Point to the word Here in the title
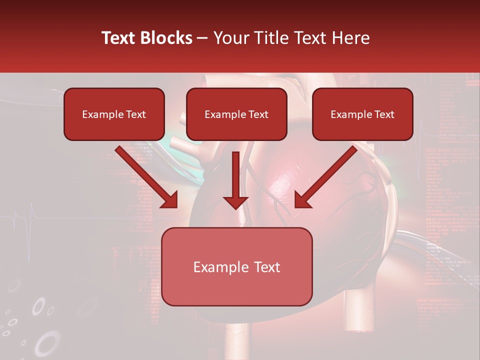click(351, 38)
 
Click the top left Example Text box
click(114, 114)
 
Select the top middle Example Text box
click(236, 114)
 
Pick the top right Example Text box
click(362, 114)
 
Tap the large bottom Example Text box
click(236, 266)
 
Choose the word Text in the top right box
click(384, 114)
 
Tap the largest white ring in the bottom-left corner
click(47, 344)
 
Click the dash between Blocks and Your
click(202, 38)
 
